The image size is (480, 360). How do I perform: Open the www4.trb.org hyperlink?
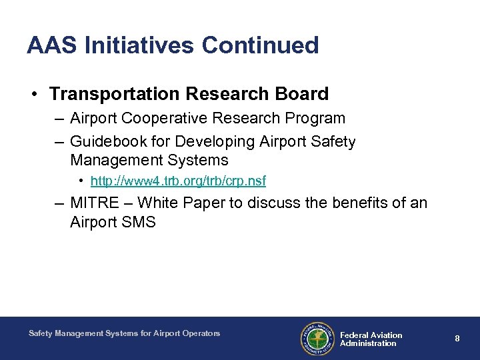pos(178,181)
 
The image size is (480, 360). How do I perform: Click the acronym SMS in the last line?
pos(139,223)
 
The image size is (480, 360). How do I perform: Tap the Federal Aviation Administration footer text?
pos(371,339)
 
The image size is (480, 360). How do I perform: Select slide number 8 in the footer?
pos(457,339)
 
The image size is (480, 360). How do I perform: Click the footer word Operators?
pos(200,333)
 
